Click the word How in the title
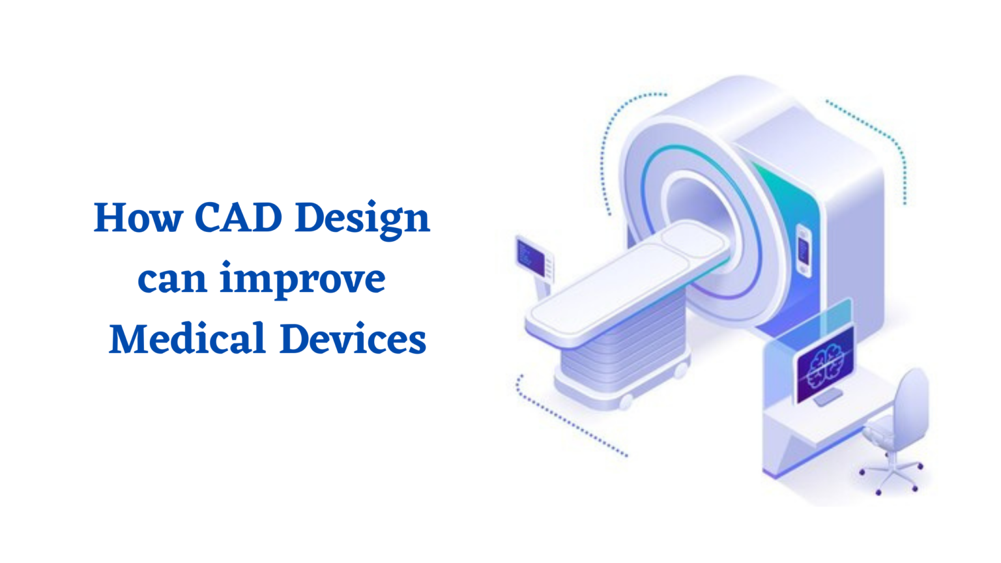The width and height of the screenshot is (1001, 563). [138, 218]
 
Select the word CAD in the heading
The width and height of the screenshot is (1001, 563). [238, 218]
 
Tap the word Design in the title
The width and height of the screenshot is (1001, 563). [362, 219]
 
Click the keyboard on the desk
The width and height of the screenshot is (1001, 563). [828, 397]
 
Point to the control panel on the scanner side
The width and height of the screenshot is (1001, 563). [804, 251]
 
